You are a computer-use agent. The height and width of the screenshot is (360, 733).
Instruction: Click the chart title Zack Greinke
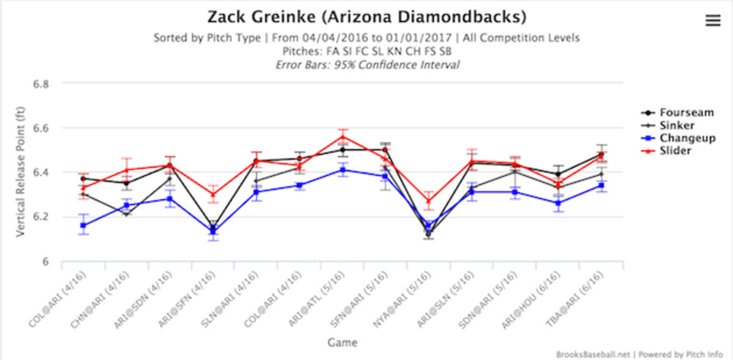pos(366,16)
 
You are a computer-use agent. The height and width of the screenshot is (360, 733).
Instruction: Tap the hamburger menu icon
pos(713,21)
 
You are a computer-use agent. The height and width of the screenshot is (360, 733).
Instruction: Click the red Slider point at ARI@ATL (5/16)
pos(343,137)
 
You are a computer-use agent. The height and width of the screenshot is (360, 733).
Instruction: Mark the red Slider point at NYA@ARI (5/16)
pos(429,200)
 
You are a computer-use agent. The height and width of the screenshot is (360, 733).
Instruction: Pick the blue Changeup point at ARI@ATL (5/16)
pos(343,170)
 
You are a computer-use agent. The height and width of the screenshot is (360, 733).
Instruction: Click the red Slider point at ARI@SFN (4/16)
pos(213,194)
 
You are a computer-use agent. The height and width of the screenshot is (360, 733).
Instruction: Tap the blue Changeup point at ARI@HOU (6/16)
pos(558,203)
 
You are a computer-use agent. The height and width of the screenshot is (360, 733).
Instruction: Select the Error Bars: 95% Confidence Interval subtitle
pos(366,65)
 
